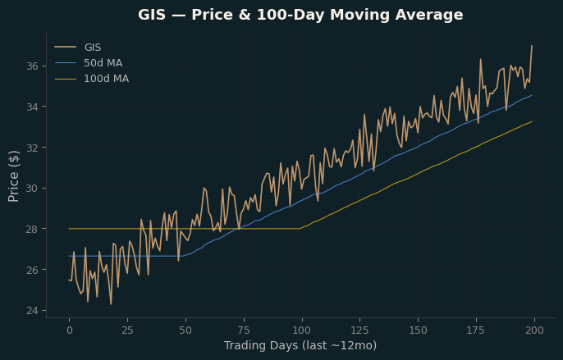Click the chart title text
(300, 15)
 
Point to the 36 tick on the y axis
(32, 66)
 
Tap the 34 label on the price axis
(32, 107)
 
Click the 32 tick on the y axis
(32, 148)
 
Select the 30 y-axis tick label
(32, 188)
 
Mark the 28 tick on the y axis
(32, 229)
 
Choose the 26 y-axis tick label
(32, 270)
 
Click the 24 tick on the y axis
(32, 310)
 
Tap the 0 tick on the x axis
(69, 330)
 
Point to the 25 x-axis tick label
(127, 330)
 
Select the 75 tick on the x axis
(244, 330)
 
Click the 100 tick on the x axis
(302, 330)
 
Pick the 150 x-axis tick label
(419, 330)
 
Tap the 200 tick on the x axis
(534, 330)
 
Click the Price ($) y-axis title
(13, 176)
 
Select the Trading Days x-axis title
(300, 345)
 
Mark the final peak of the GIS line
(532, 46)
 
